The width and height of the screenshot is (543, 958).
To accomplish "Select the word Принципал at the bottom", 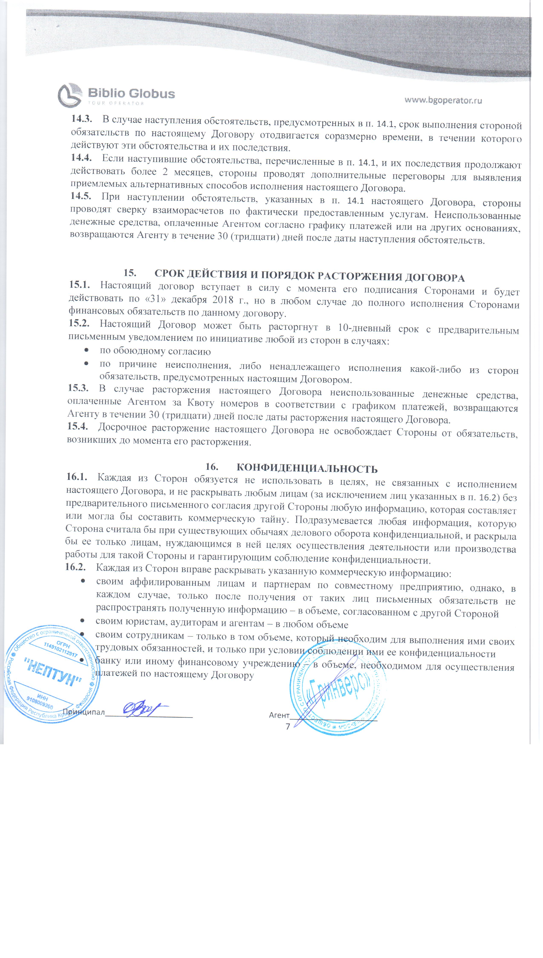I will pos(84,712).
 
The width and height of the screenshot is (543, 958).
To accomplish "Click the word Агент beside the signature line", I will pos(279,715).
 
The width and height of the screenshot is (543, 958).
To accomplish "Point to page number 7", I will pos(288,727).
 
